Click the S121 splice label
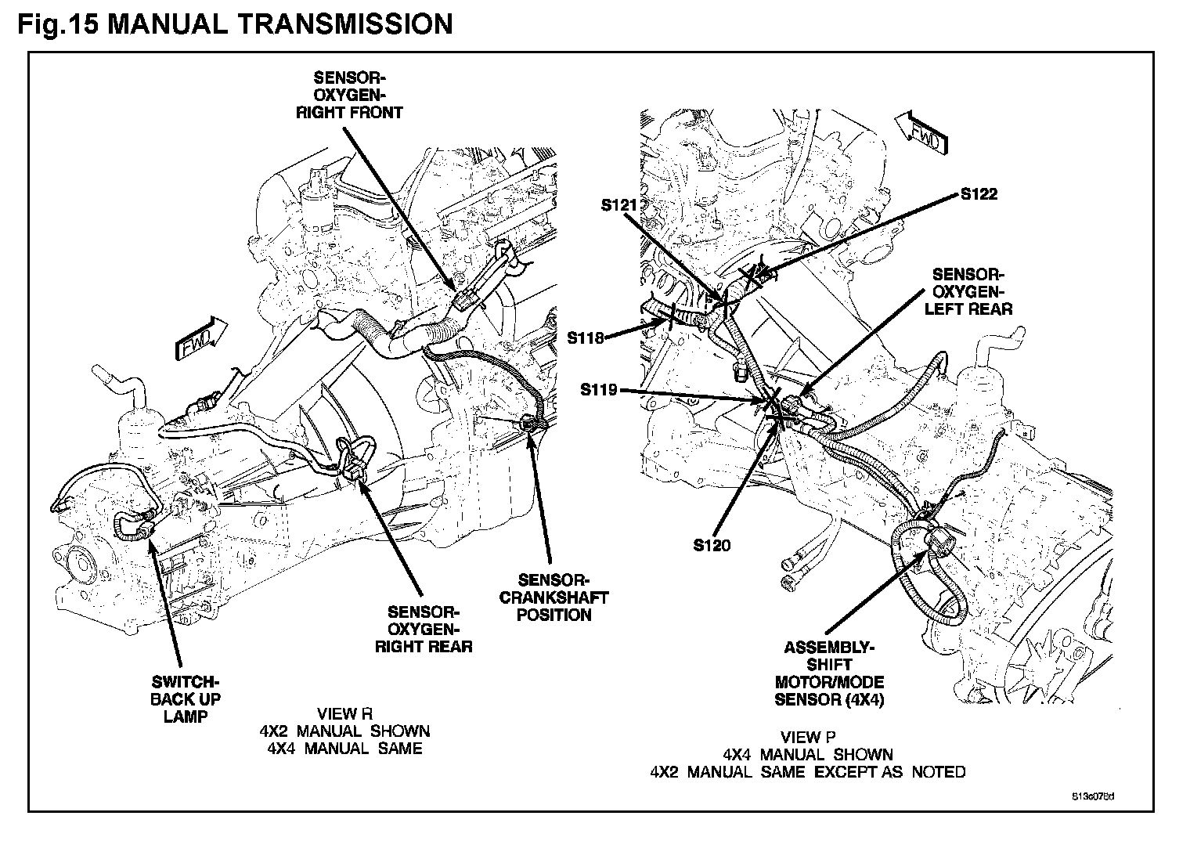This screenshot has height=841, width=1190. click(620, 205)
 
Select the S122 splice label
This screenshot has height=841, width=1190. click(979, 194)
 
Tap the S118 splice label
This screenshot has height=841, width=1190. click(586, 338)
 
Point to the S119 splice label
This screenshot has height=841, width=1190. click(599, 389)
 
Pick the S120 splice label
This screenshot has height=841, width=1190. click(712, 545)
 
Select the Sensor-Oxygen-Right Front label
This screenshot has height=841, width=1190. click(348, 95)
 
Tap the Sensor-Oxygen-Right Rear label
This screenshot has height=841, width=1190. click(424, 629)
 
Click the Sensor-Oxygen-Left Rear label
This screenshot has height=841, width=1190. click(968, 291)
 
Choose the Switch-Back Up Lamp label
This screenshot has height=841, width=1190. click(186, 698)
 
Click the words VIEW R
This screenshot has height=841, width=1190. click(344, 714)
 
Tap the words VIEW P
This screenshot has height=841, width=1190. click(807, 737)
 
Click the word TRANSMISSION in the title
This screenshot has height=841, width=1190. click(344, 23)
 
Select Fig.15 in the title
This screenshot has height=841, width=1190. click(59, 23)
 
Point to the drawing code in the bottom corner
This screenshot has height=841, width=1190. click(1092, 797)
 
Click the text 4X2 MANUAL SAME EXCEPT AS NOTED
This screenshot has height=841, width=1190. click(807, 772)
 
